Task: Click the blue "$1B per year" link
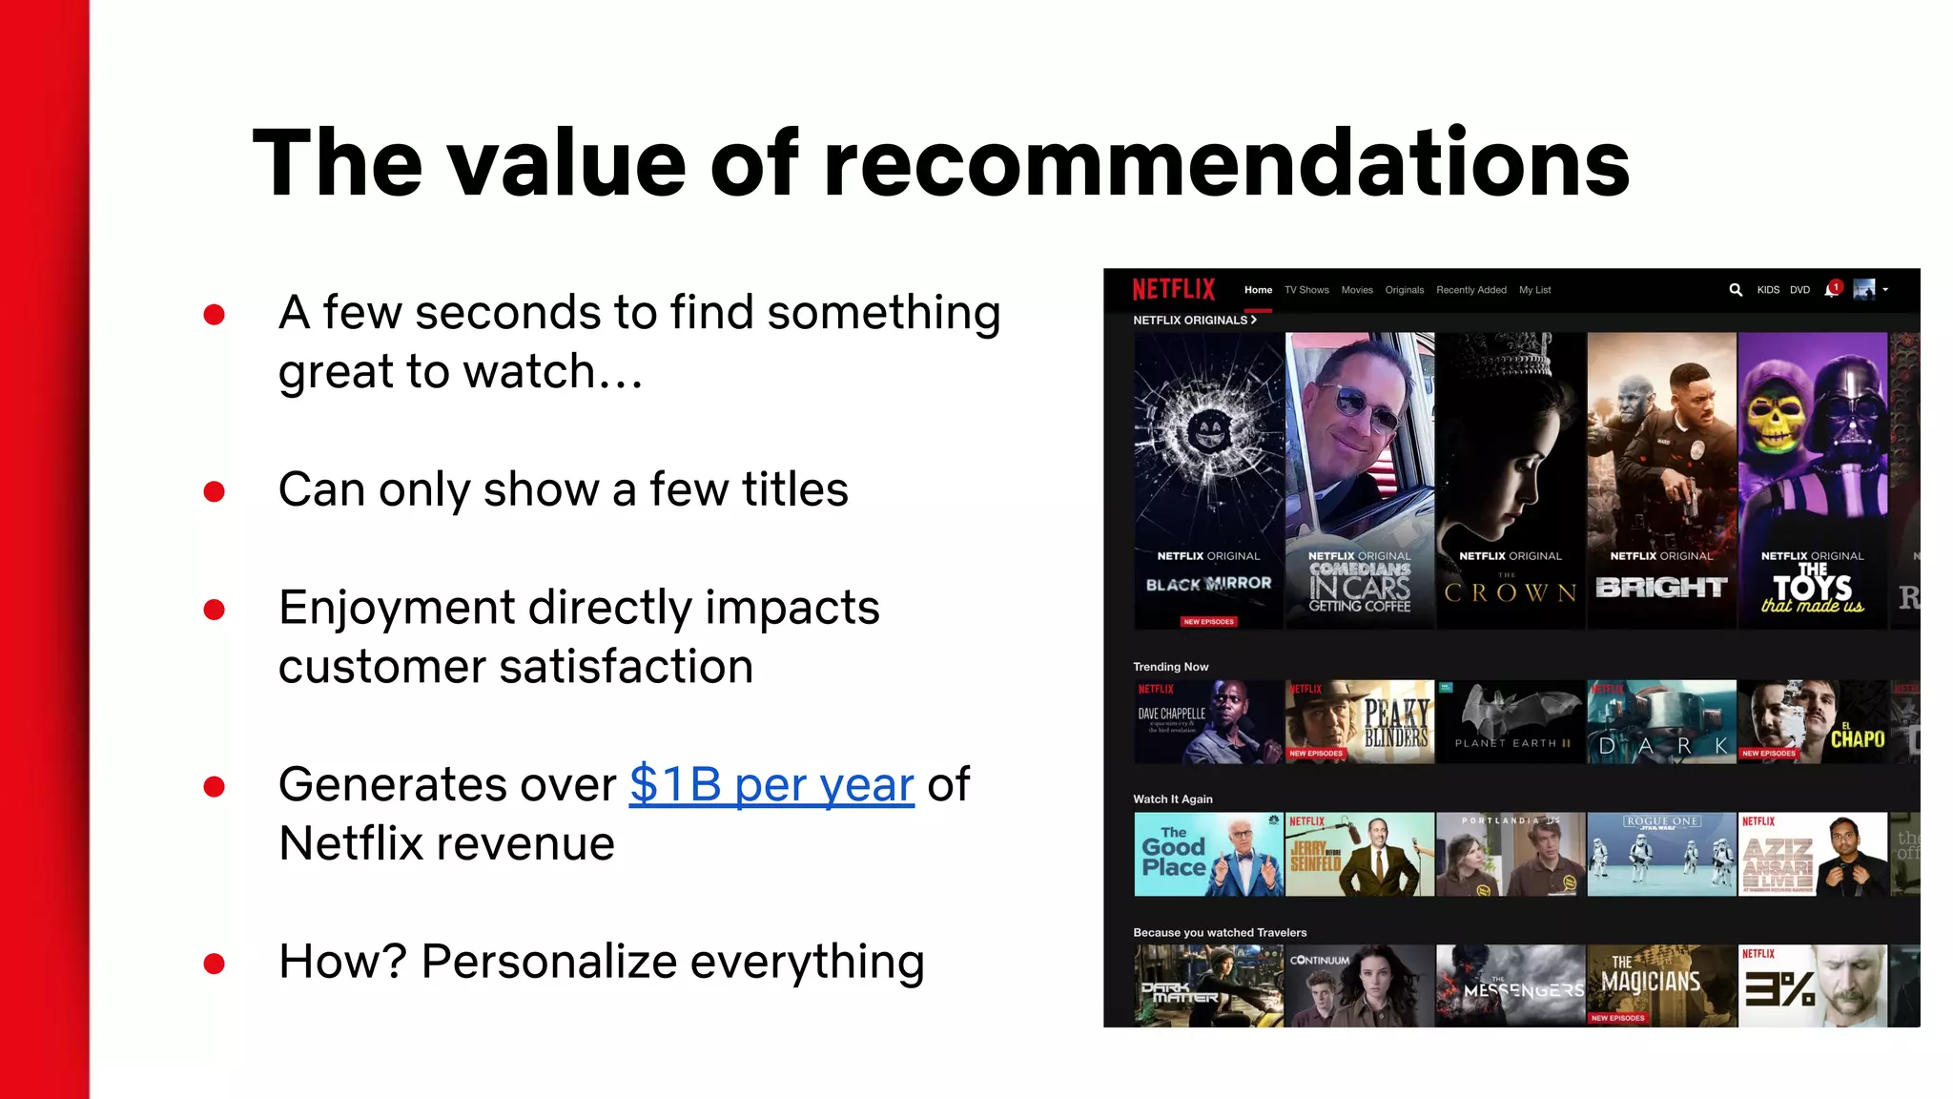(771, 785)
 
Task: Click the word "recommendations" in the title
(1226, 164)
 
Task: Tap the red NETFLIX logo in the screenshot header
(1173, 289)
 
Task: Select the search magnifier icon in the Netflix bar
(1736, 290)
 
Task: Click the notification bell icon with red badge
(1831, 290)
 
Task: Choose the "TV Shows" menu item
(1305, 290)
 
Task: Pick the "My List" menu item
(1534, 290)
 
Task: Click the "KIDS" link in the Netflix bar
(1768, 290)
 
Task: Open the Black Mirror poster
(1208, 480)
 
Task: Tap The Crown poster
(1511, 480)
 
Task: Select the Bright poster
(1661, 480)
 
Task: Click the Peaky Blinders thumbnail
(1359, 721)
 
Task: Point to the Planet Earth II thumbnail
(1511, 721)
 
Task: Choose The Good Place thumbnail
(1208, 854)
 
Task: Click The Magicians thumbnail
(1661, 985)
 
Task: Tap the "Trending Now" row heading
(1170, 667)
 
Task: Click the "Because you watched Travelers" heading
(1220, 933)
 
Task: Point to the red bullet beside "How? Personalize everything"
(215, 964)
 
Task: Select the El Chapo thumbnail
(1812, 721)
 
